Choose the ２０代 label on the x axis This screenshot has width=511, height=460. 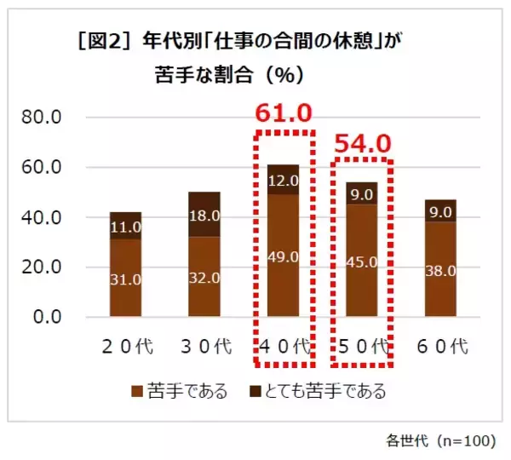[x=125, y=346]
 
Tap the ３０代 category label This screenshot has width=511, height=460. [x=204, y=346]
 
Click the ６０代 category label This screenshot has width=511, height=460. [x=440, y=346]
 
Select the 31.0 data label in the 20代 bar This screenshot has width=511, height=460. [x=125, y=278]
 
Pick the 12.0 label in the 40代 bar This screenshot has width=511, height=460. [x=283, y=180]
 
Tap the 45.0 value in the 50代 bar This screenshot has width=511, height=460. [x=361, y=261]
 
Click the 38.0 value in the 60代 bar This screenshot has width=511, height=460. [x=440, y=270]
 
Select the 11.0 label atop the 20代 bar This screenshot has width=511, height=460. [x=125, y=226]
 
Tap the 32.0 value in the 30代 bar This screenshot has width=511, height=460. [x=204, y=278]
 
